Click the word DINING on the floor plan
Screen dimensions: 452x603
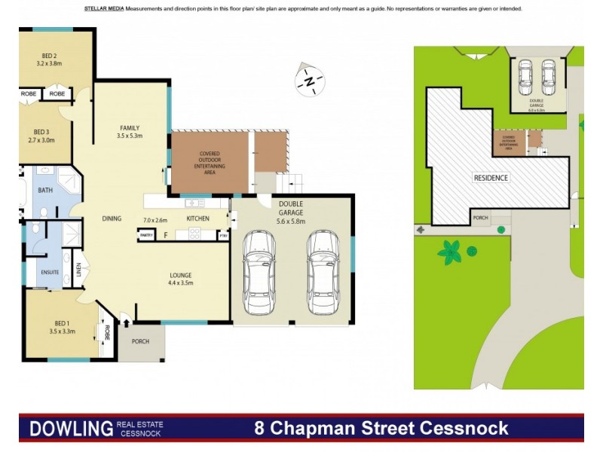click(112, 218)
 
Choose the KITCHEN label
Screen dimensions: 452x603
click(197, 219)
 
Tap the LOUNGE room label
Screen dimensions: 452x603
click(181, 275)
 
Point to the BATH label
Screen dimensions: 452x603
click(45, 191)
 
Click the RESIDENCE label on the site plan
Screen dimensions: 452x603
click(491, 178)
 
